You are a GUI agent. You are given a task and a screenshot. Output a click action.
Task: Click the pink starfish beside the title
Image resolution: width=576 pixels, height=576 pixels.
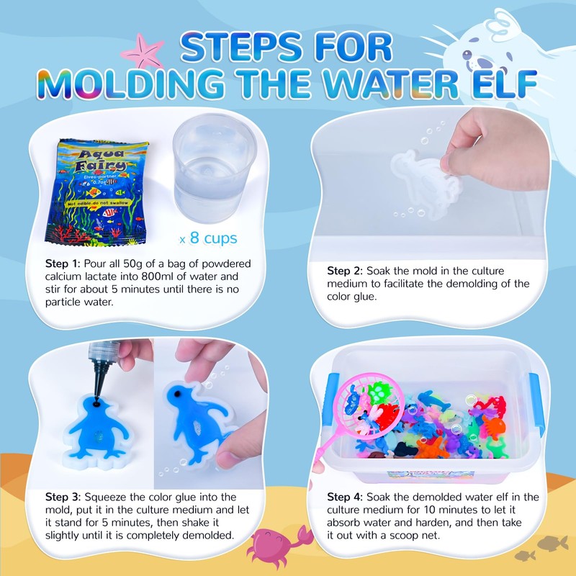(140, 50)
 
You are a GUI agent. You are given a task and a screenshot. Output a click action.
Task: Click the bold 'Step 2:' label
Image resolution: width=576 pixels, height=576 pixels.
(345, 271)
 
